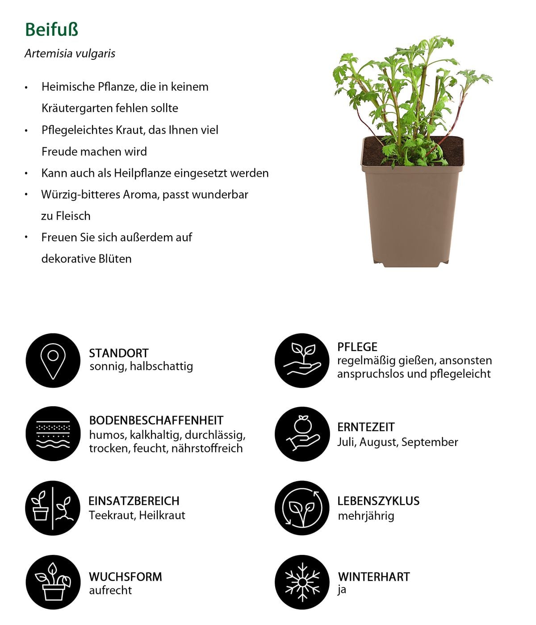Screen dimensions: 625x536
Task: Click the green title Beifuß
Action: pos(51,29)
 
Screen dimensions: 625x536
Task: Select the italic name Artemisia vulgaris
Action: pos(70,54)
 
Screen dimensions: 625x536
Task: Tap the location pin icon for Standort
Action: pos(53,360)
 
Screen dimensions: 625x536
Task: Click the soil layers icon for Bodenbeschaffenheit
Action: pos(53,433)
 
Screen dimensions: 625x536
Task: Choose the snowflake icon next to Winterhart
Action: pos(302,582)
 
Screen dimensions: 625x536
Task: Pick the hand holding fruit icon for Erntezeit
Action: pos(302,433)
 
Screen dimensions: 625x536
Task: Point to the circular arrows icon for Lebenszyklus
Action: pos(302,508)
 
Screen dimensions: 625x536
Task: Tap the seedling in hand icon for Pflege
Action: pos(302,360)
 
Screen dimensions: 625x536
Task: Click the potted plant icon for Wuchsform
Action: pos(53,582)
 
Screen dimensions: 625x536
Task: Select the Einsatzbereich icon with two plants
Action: pos(53,508)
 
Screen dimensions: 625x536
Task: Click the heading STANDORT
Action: pos(118,353)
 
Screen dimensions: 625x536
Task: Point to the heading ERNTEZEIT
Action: pos(366,427)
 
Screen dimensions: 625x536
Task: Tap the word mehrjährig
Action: pos(366,516)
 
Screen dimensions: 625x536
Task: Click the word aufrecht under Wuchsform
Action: pos(110,590)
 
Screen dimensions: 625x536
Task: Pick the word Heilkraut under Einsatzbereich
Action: pos(162,515)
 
